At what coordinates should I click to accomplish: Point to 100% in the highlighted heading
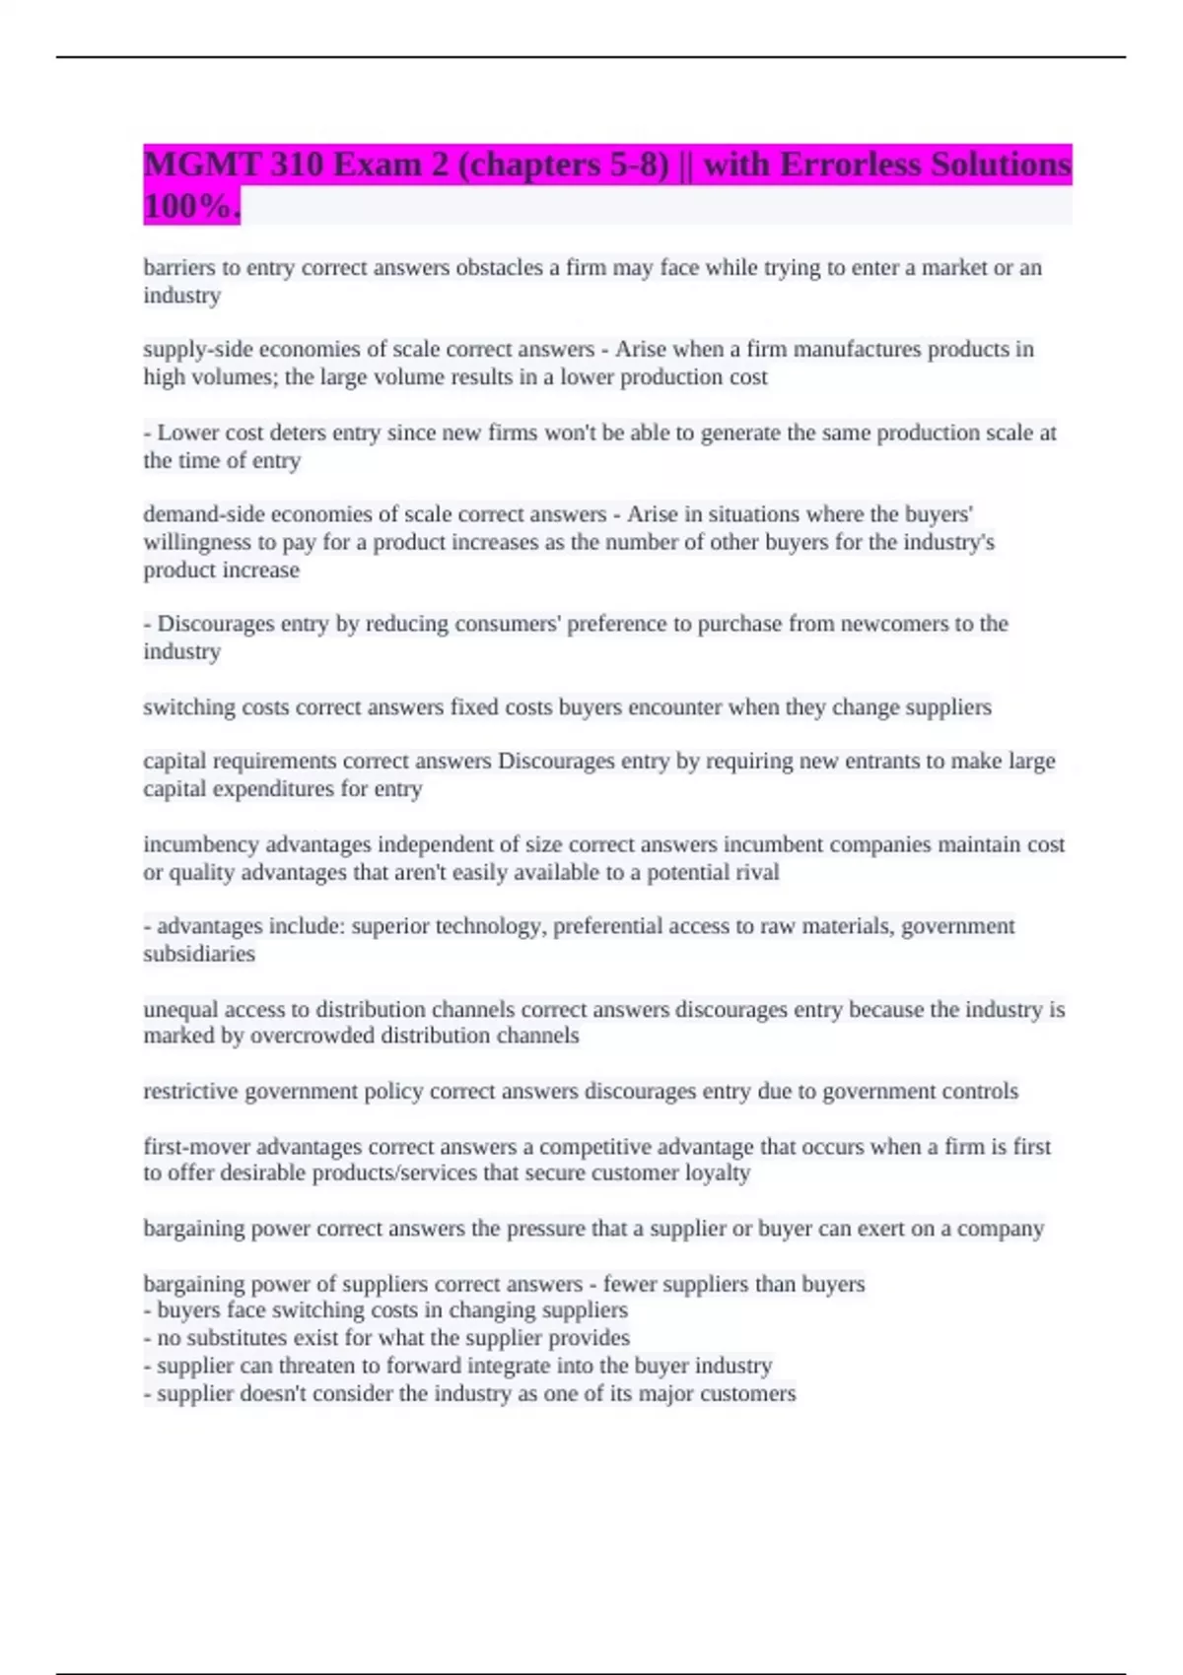pyautogui.click(x=190, y=207)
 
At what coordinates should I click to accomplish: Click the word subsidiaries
pyautogui.click(x=199, y=954)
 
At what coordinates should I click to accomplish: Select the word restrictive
pyautogui.click(x=191, y=1092)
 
